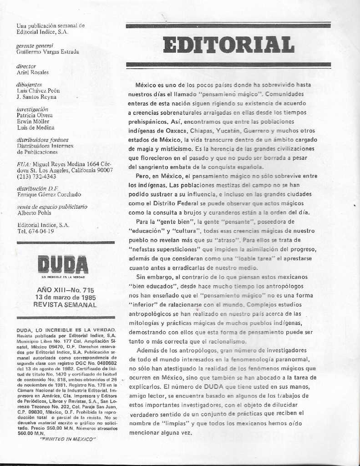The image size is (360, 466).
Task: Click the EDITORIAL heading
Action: click(228, 45)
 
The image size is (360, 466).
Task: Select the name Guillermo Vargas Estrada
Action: click(47, 52)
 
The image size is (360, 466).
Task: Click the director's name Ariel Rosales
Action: click(32, 72)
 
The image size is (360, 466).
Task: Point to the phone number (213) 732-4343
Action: click(36, 176)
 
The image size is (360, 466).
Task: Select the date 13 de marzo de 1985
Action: click(65, 297)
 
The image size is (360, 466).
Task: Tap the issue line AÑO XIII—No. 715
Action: click(66, 290)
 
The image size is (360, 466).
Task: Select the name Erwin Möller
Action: click(33, 122)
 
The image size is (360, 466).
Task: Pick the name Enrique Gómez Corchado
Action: click(49, 194)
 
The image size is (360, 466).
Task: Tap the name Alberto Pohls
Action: click(34, 213)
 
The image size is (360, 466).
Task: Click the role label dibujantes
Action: click(29, 85)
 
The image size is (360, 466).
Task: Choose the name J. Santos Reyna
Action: click(36, 97)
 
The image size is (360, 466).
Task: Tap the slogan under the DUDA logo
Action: click(63, 277)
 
